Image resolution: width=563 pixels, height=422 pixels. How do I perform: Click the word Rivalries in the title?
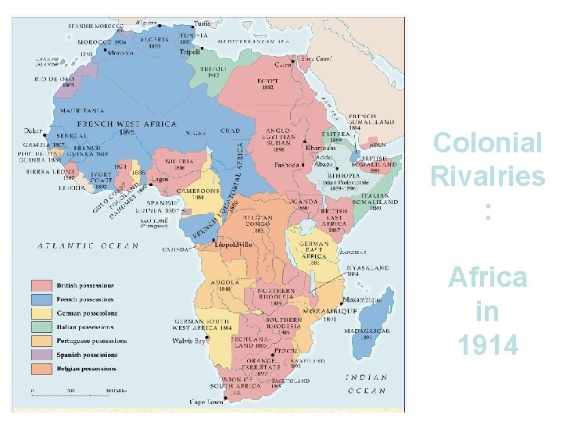[487, 177]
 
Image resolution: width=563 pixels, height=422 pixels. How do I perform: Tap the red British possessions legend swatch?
[41, 285]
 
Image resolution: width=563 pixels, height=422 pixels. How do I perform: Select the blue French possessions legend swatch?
[41, 299]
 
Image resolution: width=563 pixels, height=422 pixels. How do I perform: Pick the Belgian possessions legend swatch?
[41, 368]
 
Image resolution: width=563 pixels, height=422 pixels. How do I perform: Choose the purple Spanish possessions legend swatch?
[41, 354]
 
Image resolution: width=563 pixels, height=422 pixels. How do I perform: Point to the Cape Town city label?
[206, 402]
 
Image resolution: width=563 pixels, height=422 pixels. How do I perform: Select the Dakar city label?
[34, 131]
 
